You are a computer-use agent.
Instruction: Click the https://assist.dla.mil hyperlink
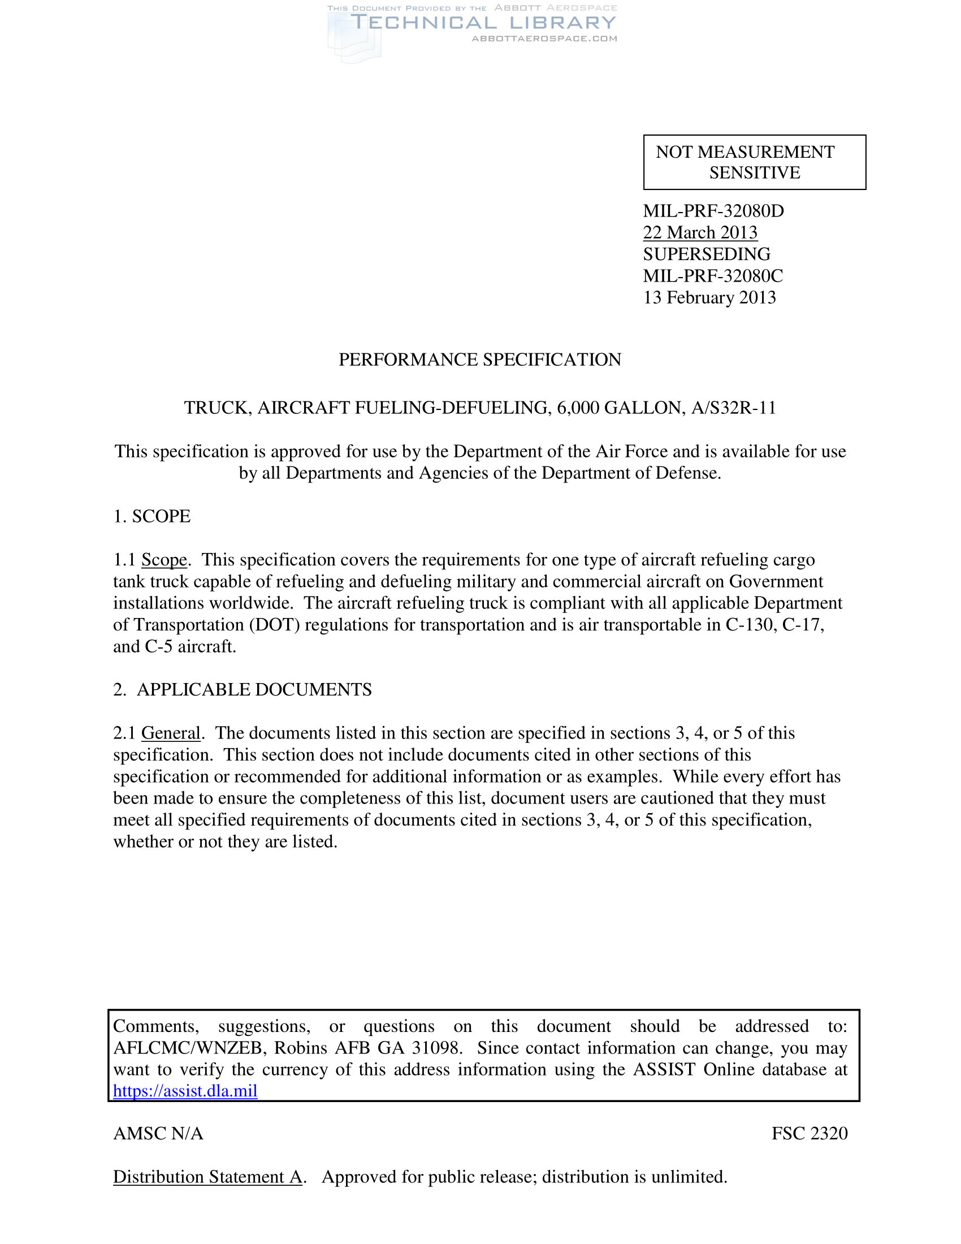(x=185, y=1091)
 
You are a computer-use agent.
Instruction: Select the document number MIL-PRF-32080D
(x=713, y=211)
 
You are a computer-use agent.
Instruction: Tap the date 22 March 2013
(x=700, y=233)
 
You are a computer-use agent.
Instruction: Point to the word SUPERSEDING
(x=707, y=254)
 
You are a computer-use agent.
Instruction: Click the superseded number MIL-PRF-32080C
(x=713, y=277)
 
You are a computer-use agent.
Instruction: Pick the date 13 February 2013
(x=709, y=298)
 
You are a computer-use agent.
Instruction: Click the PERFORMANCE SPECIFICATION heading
(x=480, y=360)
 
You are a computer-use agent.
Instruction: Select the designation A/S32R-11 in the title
(x=733, y=408)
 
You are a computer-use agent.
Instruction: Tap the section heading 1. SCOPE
(x=152, y=517)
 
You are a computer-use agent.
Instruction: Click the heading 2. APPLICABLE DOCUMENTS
(x=243, y=690)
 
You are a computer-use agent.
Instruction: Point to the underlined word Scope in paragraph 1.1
(x=164, y=560)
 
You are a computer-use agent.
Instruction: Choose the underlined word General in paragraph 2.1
(x=171, y=733)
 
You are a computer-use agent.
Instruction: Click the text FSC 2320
(x=810, y=1134)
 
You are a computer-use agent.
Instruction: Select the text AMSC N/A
(x=158, y=1134)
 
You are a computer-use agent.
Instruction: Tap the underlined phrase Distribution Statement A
(x=208, y=1177)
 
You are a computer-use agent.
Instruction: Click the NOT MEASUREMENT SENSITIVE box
(x=754, y=162)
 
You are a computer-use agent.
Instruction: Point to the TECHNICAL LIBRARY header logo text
(x=483, y=23)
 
